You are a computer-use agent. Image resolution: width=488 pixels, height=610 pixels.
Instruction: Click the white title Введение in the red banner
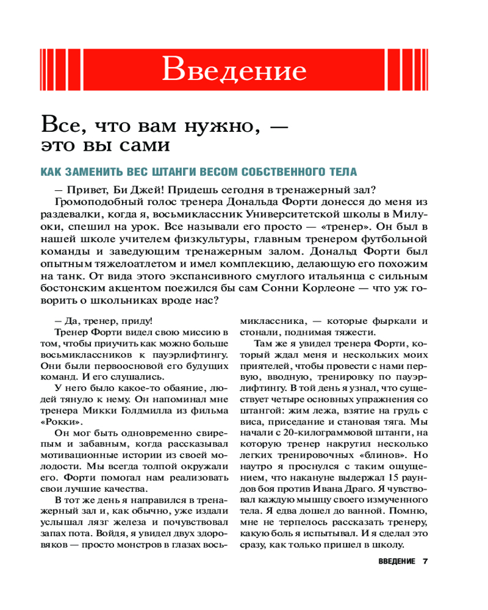click(234, 70)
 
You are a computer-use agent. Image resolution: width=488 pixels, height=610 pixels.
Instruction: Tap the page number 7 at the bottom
click(426, 561)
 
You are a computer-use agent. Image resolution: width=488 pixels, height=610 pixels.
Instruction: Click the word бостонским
click(86, 288)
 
